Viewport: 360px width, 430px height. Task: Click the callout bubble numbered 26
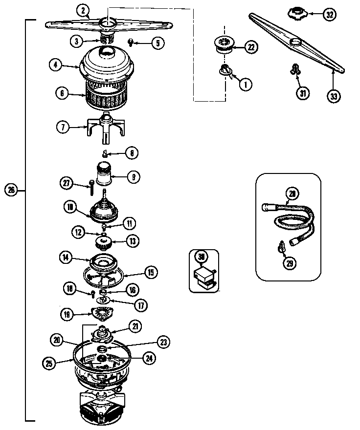(11, 190)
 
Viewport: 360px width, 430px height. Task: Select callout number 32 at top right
(330, 14)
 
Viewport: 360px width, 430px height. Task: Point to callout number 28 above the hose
(292, 194)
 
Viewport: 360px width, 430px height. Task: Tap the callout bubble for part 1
(245, 84)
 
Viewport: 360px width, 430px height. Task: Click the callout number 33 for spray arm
(334, 96)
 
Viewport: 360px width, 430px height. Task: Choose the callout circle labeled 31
(303, 93)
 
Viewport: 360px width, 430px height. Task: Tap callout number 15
(151, 272)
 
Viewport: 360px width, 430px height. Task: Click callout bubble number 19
(67, 313)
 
